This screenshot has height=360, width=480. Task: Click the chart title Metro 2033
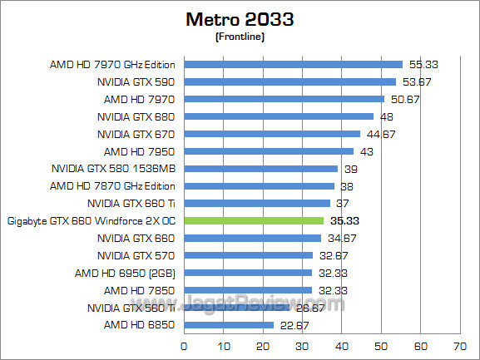(240, 19)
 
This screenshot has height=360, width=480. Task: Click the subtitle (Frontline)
(240, 37)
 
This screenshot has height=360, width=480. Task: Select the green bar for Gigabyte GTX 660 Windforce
(253, 220)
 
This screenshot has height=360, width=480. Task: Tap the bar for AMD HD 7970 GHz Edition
(293, 64)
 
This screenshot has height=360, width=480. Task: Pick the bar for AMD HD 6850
(228, 325)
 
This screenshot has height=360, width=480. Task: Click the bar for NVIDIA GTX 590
(289, 81)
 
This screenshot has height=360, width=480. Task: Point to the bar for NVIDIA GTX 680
(278, 116)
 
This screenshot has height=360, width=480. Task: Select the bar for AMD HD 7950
(269, 151)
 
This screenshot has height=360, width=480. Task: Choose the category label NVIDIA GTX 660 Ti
(131, 203)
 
